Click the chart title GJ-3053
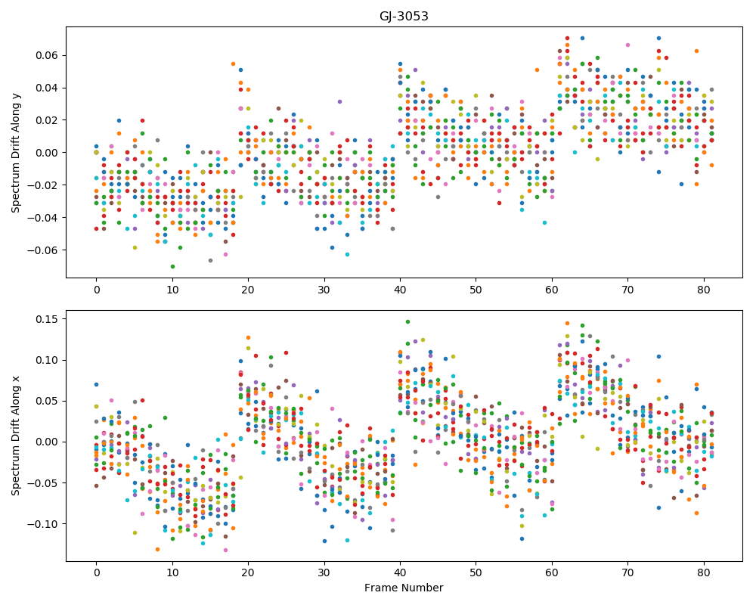click(404, 17)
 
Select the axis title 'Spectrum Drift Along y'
click(16, 153)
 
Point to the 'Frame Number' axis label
click(404, 588)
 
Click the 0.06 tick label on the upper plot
click(47, 55)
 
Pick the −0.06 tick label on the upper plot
click(43, 250)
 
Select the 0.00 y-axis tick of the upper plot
click(47, 153)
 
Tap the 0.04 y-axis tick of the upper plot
click(47, 88)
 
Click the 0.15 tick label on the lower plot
click(47, 319)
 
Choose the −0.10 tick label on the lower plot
click(43, 524)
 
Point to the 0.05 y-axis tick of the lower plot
click(47, 401)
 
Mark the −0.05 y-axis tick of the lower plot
click(43, 483)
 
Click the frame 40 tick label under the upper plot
click(400, 290)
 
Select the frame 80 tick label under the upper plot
click(703, 290)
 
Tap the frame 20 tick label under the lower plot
click(248, 574)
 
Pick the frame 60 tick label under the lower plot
click(552, 574)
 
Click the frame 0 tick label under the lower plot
click(97, 574)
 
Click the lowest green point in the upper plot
click(172, 266)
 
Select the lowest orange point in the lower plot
click(157, 550)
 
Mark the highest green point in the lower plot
click(407, 322)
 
